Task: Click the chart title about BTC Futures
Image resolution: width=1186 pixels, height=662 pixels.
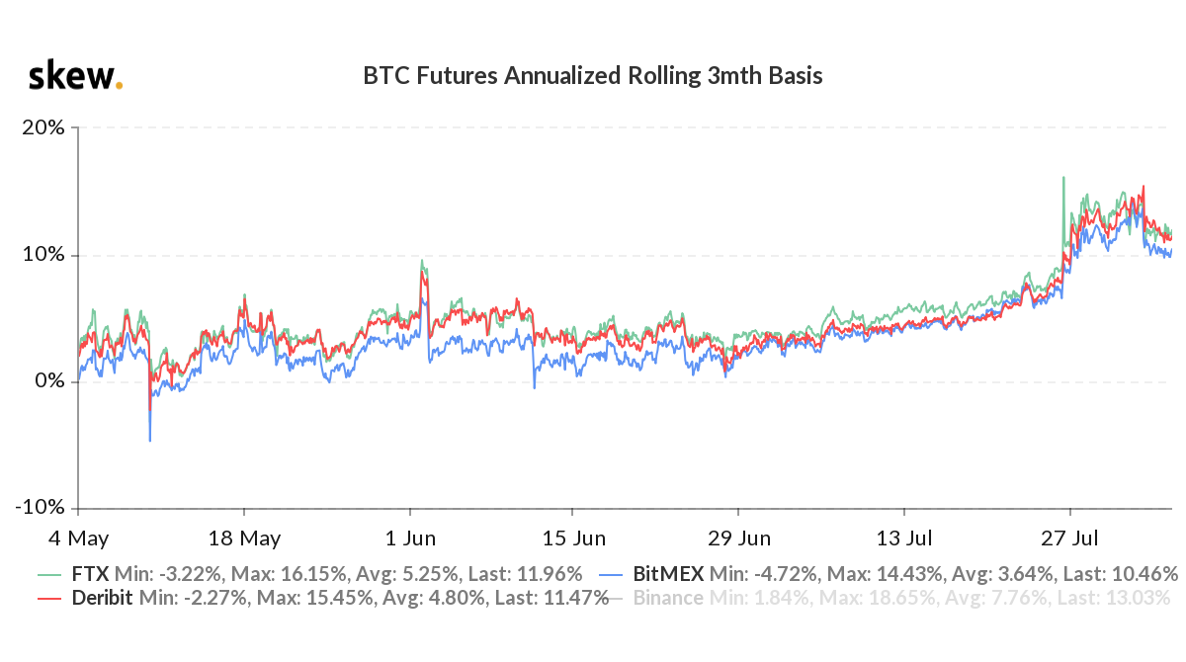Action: pyautogui.click(x=593, y=76)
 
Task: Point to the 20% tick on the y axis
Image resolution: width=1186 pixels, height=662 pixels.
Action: pyautogui.click(x=44, y=127)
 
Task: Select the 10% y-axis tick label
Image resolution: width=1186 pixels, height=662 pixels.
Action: pyautogui.click(x=44, y=254)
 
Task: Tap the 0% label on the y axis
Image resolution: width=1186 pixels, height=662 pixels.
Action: pyautogui.click(x=49, y=380)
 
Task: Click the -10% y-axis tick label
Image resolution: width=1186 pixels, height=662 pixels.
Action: pyautogui.click(x=41, y=507)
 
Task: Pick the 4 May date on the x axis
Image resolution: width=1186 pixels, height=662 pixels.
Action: pyautogui.click(x=78, y=538)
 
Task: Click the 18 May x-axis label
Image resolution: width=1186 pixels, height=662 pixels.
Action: pyautogui.click(x=245, y=538)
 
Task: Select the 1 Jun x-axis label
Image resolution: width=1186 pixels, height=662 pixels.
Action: pyautogui.click(x=410, y=538)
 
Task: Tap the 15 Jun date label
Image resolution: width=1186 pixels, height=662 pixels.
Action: pyautogui.click(x=574, y=538)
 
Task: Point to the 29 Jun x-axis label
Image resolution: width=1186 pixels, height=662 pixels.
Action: pyautogui.click(x=739, y=538)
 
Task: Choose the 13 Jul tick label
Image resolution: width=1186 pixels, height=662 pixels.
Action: pyautogui.click(x=904, y=538)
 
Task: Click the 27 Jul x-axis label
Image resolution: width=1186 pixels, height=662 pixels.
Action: pyautogui.click(x=1070, y=538)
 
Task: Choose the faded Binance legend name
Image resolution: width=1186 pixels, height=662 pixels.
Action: pyautogui.click(x=668, y=598)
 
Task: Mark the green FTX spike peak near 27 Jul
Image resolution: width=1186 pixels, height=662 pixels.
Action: pyautogui.click(x=1062, y=178)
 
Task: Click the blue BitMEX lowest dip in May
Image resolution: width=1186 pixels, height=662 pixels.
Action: pyautogui.click(x=150, y=440)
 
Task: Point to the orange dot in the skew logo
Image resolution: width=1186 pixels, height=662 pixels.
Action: pyautogui.click(x=120, y=86)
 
